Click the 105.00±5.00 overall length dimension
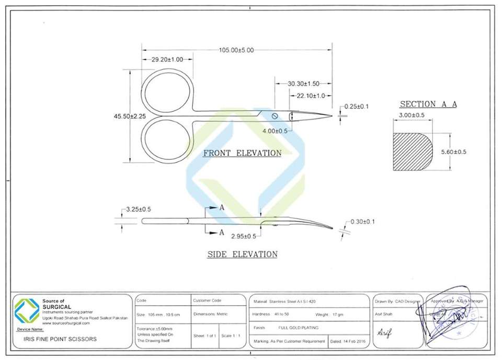(x=236, y=50)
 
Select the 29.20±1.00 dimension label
(x=167, y=60)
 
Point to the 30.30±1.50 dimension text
(x=303, y=84)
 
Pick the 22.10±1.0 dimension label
(x=311, y=96)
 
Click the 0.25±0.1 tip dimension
(x=357, y=107)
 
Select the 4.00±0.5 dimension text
(x=275, y=131)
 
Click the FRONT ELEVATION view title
(x=242, y=153)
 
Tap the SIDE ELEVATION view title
(x=242, y=254)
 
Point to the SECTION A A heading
(x=428, y=104)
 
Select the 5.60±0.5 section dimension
(x=453, y=152)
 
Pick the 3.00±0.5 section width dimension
(x=412, y=115)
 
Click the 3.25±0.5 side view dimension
(x=139, y=209)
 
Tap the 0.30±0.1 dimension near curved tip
(x=362, y=222)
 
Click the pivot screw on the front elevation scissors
(x=274, y=115)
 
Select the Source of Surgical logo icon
(x=27, y=310)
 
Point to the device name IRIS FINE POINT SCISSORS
(x=61, y=339)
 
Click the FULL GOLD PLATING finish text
(x=298, y=328)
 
